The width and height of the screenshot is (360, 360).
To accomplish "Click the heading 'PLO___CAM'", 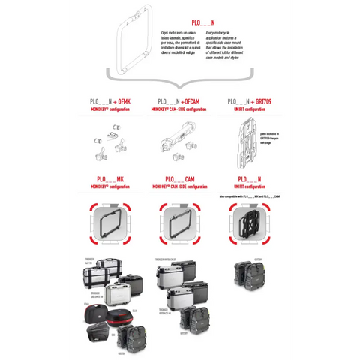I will [x=179, y=179].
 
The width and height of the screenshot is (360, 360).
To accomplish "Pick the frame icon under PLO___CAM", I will [x=179, y=223].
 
